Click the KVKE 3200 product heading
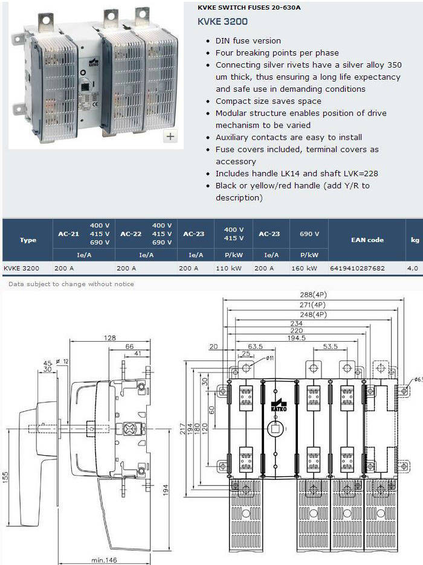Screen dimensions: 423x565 pos(222,21)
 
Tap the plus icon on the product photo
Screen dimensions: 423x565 pos(170,136)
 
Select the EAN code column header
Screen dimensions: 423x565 pos(367,240)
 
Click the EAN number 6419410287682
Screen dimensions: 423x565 pos(357,268)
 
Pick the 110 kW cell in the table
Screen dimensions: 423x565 pos(228,268)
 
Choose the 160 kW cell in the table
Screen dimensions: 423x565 pos(304,268)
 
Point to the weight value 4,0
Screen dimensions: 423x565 pos(413,268)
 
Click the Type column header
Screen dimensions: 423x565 pos(28,240)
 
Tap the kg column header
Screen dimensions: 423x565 pos(415,240)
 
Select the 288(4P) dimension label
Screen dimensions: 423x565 pos(313,295)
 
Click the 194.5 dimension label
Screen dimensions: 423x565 pos(297,337)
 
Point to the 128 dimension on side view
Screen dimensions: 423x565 pos(109,337)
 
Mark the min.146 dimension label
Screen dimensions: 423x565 pos(104,560)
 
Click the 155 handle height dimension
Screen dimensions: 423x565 pos(5,477)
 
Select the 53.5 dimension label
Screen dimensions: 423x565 pos(330,346)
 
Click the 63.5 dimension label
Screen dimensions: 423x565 pos(255,346)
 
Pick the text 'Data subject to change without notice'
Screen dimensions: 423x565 pos(71,284)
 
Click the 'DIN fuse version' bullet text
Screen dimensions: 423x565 pos(248,40)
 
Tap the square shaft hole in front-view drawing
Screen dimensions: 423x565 pos(275,429)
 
